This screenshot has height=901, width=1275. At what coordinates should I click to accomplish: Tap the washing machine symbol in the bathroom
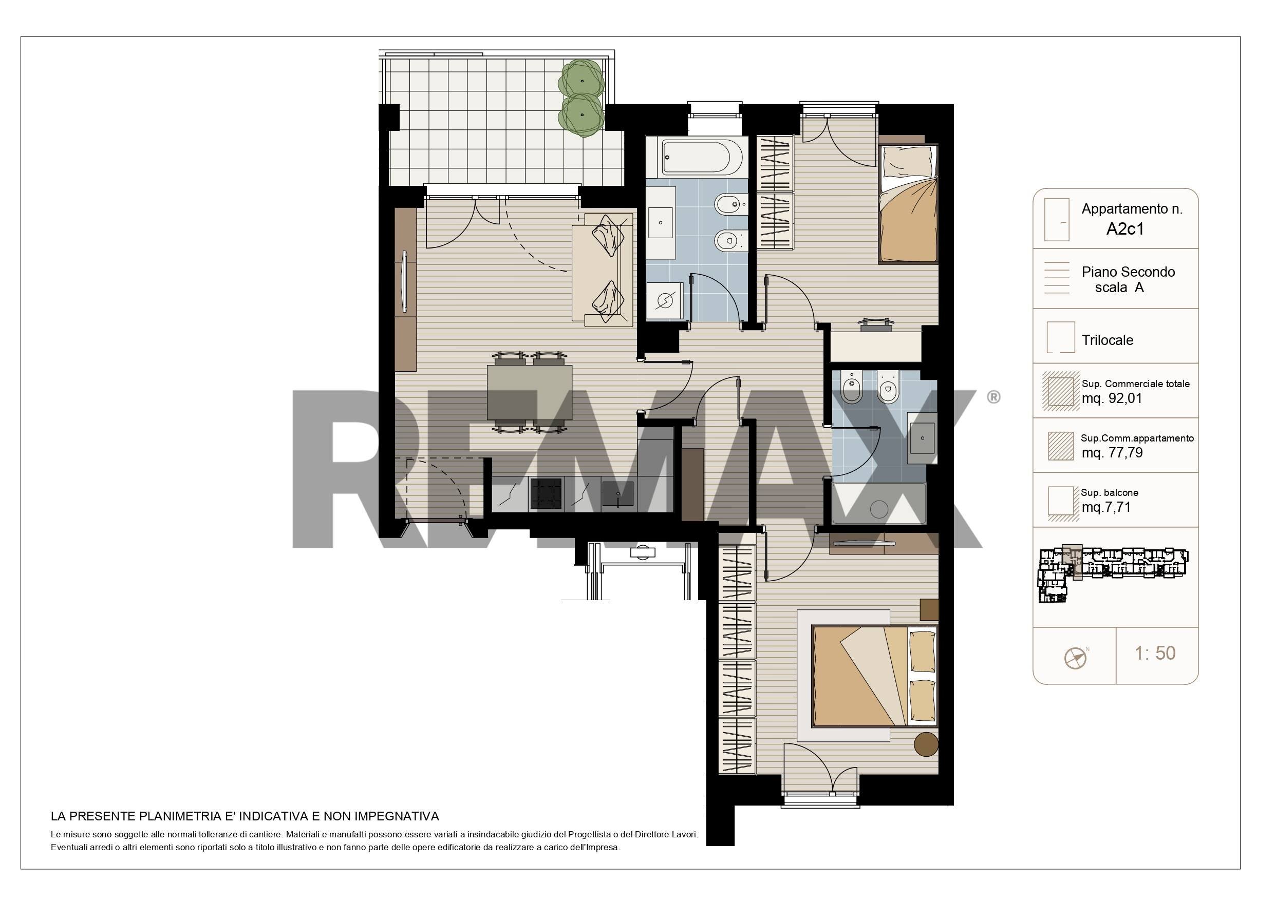pos(665,301)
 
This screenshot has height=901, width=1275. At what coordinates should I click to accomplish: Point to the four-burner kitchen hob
pos(547,493)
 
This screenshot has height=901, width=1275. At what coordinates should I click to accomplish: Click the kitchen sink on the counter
pos(617,493)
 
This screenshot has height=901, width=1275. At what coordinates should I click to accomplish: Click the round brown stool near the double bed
pos(926,744)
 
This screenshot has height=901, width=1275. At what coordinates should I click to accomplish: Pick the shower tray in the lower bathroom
pos(879,504)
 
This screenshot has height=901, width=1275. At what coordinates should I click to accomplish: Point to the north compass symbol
pos(1076,657)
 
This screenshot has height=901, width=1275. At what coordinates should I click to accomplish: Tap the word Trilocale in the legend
pos(1108,340)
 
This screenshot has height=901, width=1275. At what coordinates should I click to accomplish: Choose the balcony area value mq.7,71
pos(1106,507)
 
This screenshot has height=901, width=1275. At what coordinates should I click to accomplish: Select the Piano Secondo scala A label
pos(1128,280)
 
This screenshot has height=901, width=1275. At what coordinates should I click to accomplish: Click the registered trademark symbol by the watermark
pos(993,397)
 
